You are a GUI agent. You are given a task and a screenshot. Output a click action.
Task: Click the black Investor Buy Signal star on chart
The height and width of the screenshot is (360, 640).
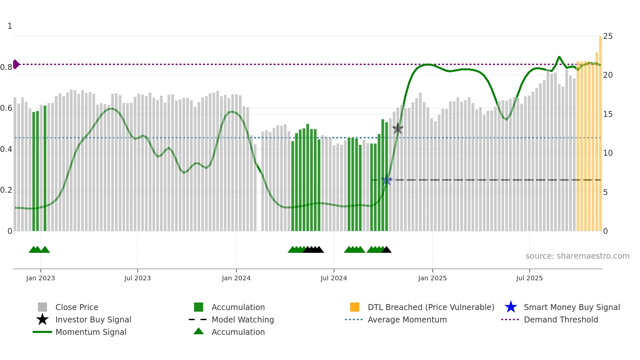(397, 128)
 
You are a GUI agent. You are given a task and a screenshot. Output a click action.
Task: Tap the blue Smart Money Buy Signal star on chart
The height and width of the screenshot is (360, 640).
(387, 180)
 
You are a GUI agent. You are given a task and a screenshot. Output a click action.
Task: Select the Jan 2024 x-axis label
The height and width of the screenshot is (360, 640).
(236, 278)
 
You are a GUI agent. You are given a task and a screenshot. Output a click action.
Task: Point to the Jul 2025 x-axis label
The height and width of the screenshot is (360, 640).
(529, 278)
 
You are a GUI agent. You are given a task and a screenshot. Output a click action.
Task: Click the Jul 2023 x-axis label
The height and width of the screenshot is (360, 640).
(137, 278)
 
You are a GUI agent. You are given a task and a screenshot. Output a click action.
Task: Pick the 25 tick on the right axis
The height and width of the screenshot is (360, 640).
(608, 36)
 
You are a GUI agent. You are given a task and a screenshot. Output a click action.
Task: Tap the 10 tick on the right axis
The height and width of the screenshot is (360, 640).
(608, 153)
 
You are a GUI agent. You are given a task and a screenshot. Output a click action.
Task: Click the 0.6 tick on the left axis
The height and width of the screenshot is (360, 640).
(6, 108)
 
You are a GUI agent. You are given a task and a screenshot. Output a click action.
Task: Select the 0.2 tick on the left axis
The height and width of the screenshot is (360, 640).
(6, 190)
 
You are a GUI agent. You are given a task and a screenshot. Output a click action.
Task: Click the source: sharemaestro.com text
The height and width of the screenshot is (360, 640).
(577, 256)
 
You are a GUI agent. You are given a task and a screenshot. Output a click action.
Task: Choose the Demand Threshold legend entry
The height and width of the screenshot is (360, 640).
(561, 319)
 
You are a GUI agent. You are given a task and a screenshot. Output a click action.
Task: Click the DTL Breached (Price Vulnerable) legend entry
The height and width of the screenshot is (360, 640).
(431, 307)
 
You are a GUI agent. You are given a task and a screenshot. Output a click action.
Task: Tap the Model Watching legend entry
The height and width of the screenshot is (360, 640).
(242, 319)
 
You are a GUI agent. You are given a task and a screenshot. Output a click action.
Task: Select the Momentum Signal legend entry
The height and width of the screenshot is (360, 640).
(91, 332)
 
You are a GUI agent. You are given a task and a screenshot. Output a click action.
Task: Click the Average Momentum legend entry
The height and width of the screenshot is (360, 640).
(407, 319)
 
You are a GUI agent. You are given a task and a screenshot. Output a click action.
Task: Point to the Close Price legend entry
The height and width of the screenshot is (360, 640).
(76, 307)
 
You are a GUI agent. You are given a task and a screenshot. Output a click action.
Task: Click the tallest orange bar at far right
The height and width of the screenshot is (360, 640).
(600, 131)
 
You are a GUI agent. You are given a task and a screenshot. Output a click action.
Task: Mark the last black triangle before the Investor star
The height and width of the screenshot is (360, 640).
(387, 250)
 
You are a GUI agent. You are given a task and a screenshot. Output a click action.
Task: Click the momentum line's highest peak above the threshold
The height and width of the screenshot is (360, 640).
(559, 57)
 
